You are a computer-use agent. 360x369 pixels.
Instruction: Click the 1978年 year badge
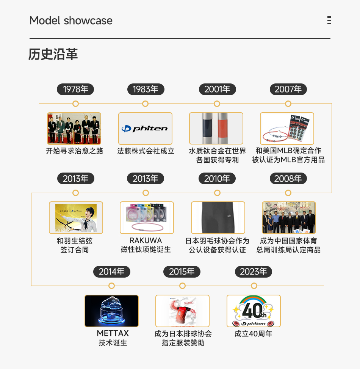click(75, 90)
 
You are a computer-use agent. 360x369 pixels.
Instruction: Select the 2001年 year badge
click(217, 90)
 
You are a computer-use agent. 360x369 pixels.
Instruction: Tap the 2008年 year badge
click(288, 179)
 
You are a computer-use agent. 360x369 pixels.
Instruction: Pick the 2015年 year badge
click(182, 272)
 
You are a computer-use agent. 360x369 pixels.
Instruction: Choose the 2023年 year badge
click(253, 272)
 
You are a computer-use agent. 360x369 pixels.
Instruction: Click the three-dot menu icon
click(329, 20)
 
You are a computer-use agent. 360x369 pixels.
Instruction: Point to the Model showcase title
click(71, 20)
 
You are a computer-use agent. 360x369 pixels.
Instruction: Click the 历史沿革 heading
click(53, 54)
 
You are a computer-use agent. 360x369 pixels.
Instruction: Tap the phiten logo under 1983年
click(145, 129)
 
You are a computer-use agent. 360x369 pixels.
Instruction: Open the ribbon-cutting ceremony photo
click(74, 129)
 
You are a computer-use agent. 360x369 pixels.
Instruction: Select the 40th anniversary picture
click(254, 311)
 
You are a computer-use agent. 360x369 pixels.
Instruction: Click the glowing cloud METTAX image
click(111, 311)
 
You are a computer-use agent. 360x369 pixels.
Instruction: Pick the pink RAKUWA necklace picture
click(147, 218)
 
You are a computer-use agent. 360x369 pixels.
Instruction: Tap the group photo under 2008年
click(289, 218)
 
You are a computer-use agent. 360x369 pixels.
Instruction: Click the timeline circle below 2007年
click(288, 104)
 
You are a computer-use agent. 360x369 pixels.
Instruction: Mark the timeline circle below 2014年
click(111, 286)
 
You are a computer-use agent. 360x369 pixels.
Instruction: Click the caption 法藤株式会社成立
click(146, 151)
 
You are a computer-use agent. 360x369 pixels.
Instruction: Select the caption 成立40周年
click(253, 334)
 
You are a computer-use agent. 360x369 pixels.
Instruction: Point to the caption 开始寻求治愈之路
click(75, 151)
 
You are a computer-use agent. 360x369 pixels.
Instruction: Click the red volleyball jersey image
click(182, 311)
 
